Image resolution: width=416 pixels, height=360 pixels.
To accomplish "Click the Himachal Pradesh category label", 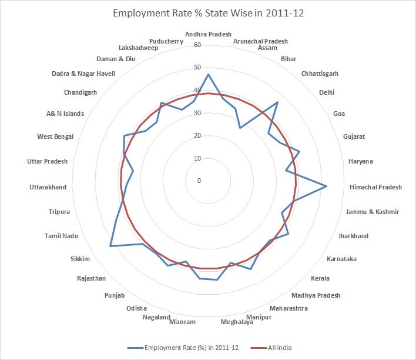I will click(x=375, y=187).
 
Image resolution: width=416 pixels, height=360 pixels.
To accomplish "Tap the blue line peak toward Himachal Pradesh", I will click(x=327, y=186).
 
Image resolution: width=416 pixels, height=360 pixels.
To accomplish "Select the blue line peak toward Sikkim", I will click(x=110, y=246).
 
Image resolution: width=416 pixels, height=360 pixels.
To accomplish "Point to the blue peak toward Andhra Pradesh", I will click(x=208, y=75).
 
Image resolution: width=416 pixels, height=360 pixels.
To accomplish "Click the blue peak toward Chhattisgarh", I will click(x=277, y=102).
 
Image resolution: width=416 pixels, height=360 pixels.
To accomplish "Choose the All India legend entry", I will click(x=271, y=348).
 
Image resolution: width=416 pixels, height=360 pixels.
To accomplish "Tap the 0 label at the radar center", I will click(x=199, y=181).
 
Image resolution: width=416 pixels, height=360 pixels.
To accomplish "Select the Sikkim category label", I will click(x=81, y=258).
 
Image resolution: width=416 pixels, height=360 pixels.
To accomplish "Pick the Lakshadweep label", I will click(x=137, y=48).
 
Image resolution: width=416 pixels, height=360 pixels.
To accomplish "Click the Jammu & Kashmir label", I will click(x=373, y=212).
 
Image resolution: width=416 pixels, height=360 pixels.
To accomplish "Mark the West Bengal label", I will click(x=55, y=136).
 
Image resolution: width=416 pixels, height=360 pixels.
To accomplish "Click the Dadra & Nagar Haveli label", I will click(x=83, y=74).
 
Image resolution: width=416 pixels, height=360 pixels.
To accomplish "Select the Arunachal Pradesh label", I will click(x=260, y=41).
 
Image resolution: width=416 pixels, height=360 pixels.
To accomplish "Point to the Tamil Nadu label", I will click(x=62, y=236).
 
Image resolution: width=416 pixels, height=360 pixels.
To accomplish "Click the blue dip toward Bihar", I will click(x=240, y=128).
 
